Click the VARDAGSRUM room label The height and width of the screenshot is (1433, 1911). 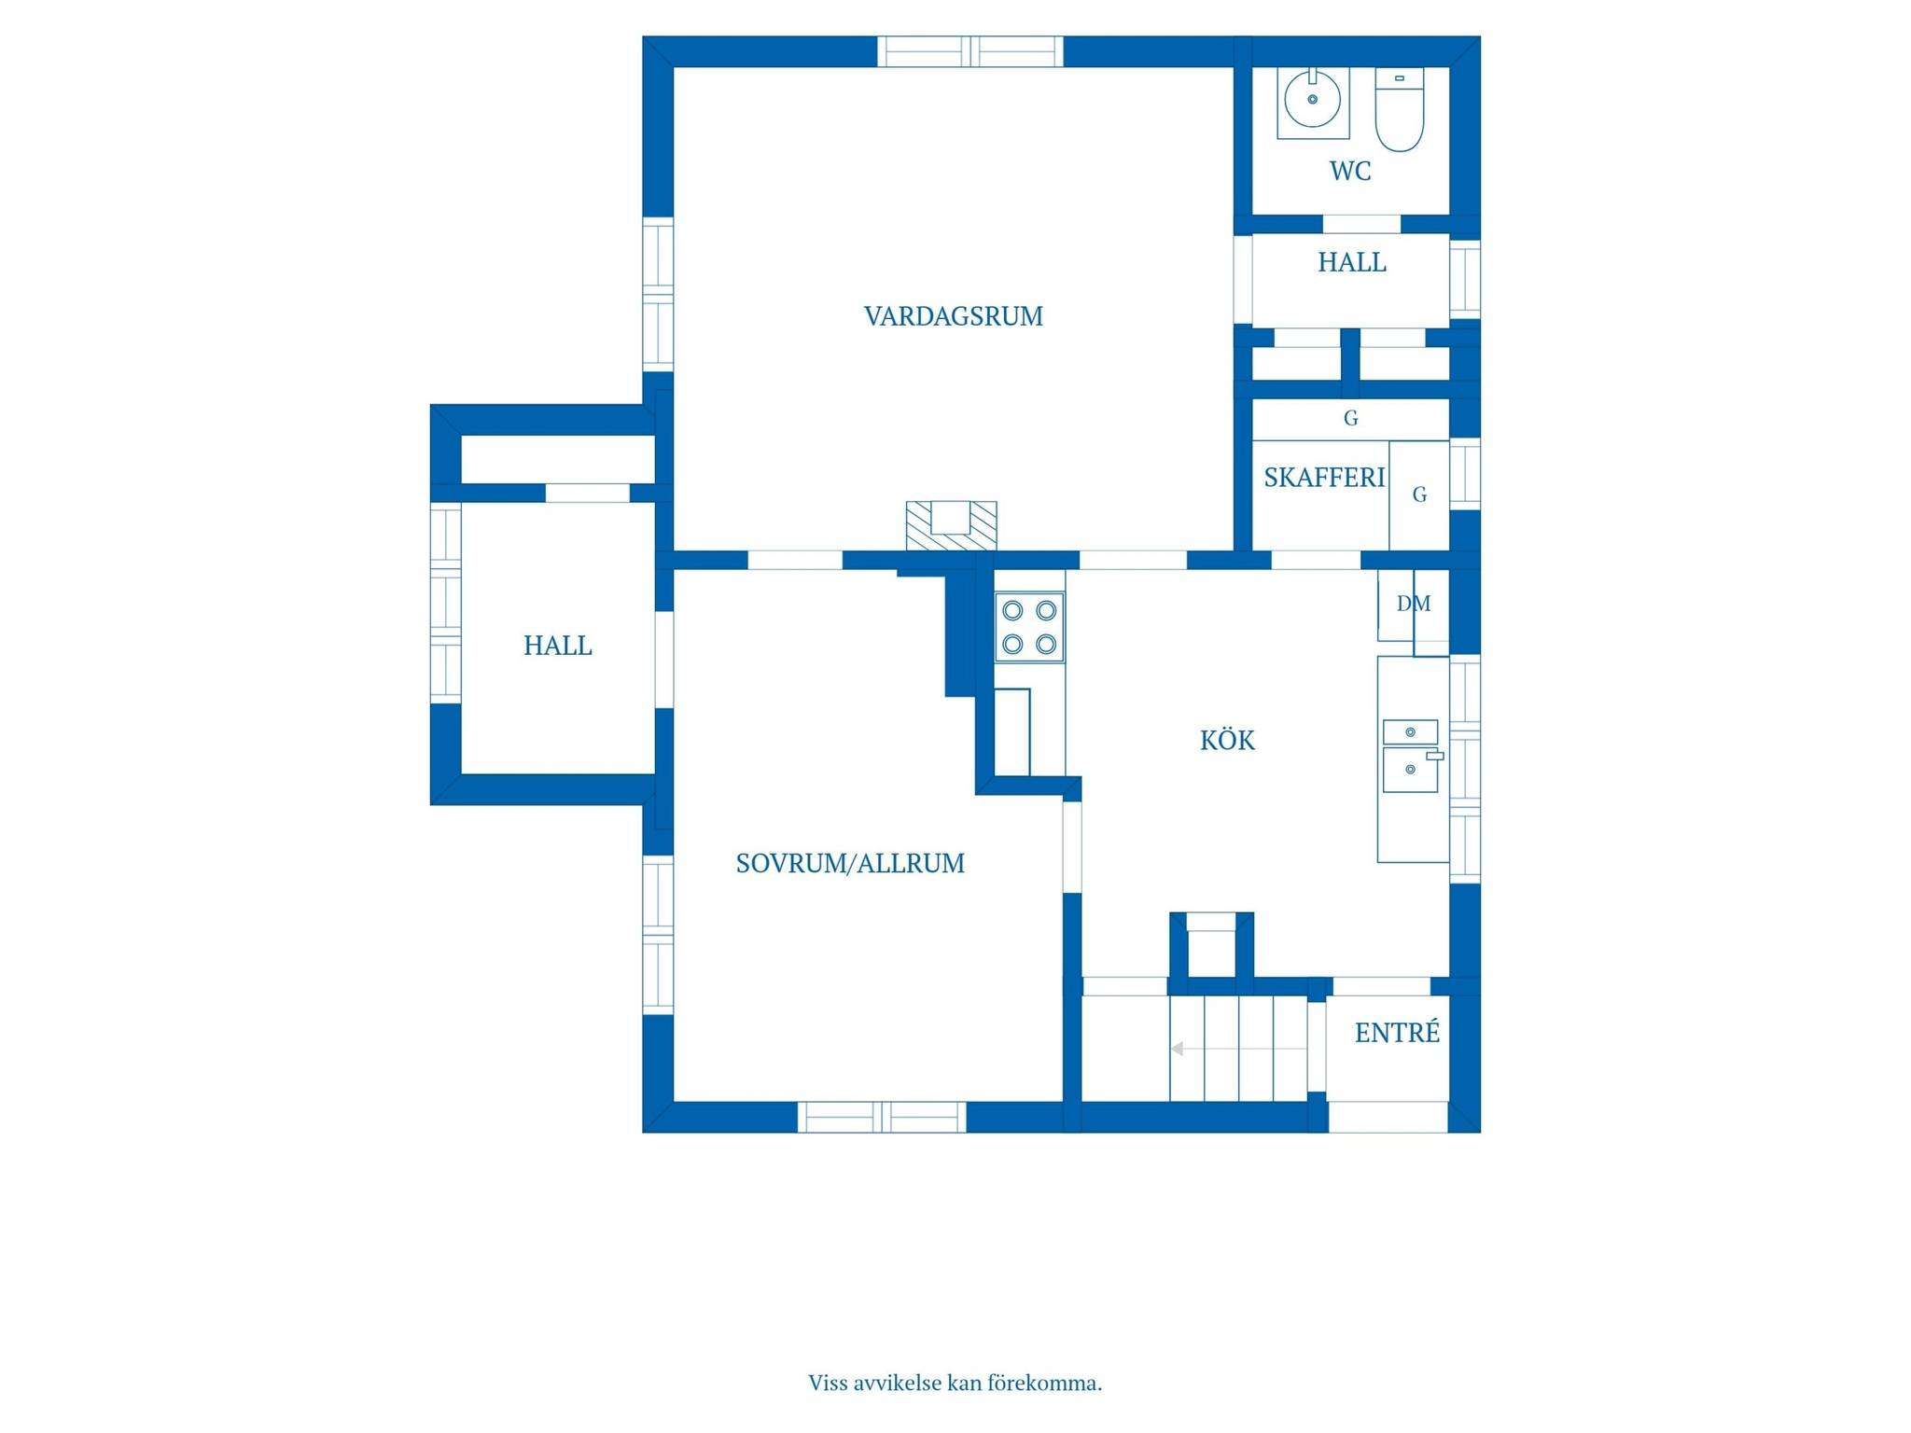[x=954, y=316]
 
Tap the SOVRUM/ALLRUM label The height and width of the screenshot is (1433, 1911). [x=850, y=864]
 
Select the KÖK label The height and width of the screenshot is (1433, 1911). [x=1227, y=740]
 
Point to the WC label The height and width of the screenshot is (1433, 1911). [x=1350, y=171]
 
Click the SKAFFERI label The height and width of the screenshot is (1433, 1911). [x=1324, y=478]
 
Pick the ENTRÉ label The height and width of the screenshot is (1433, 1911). [x=1397, y=1032]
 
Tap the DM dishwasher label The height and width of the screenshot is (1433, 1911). [x=1414, y=604]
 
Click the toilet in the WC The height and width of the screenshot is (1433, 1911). [x=1400, y=109]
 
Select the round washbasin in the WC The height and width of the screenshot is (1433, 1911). [x=1313, y=99]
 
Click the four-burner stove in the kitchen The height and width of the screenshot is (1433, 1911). [x=1029, y=627]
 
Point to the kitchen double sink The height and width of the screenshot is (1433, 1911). [x=1411, y=756]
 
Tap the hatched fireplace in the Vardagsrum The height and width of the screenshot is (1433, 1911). [x=951, y=525]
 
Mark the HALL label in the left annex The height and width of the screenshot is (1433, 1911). [x=557, y=646]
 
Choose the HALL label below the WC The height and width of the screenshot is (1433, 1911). [x=1352, y=262]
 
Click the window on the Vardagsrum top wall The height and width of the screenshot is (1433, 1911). [x=970, y=51]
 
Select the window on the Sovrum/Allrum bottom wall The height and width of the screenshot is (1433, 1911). [x=882, y=1117]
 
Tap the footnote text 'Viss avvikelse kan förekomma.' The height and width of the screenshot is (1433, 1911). [x=955, y=1383]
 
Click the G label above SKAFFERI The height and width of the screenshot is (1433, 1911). [x=1350, y=418]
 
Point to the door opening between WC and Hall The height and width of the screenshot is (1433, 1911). [x=1361, y=224]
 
